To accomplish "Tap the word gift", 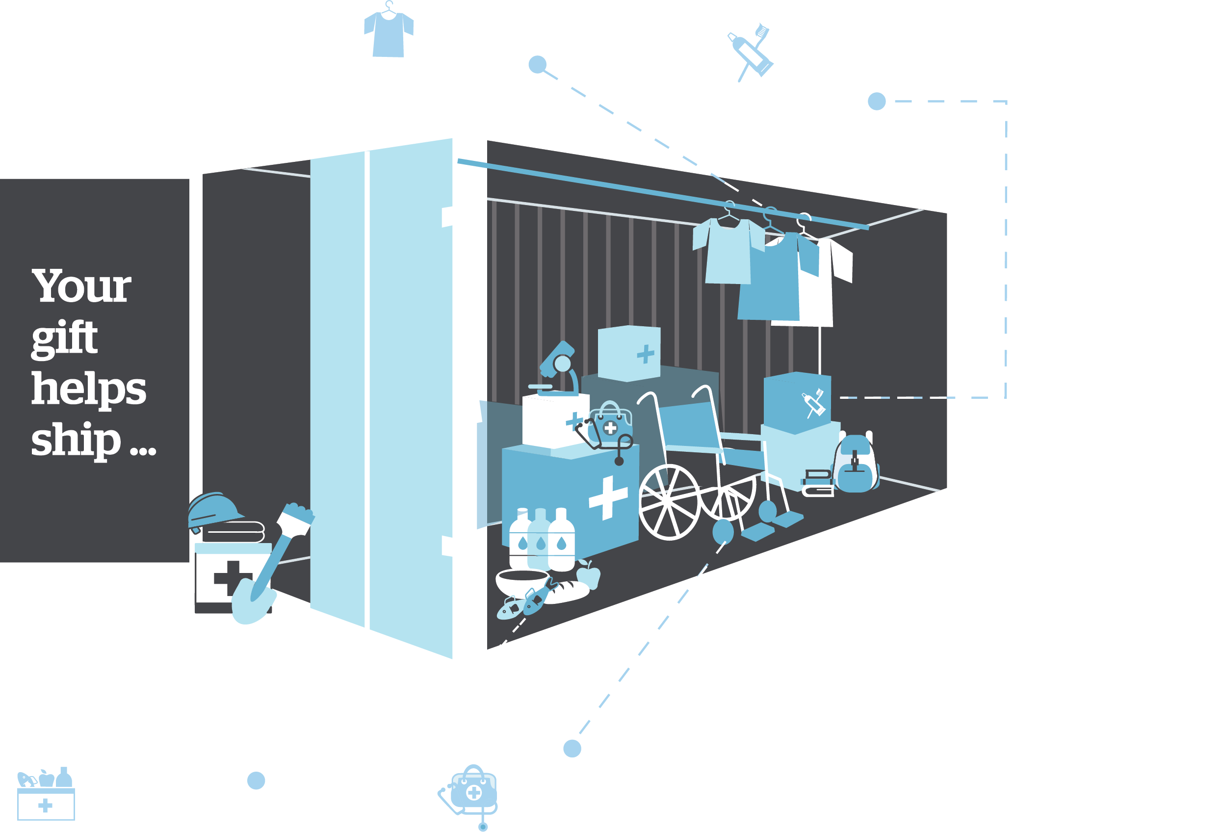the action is tap(64, 339).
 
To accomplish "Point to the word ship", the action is tap(76, 440).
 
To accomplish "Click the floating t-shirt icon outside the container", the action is tap(389, 30).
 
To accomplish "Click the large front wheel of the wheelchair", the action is tap(669, 502).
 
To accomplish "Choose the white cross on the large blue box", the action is tap(608, 497).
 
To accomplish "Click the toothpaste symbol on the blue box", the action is tap(813, 403).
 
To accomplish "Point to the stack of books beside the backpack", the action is tap(817, 483).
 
